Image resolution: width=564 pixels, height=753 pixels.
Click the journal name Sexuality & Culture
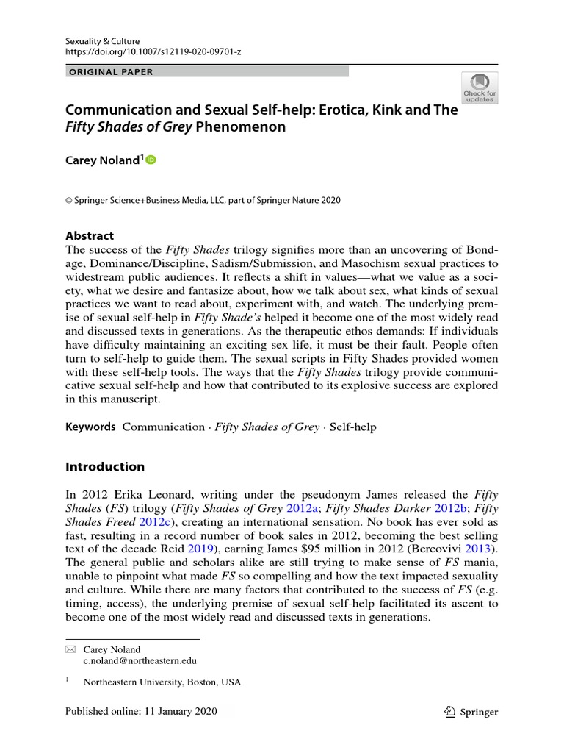[102, 41]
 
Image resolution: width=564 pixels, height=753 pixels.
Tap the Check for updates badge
[480, 87]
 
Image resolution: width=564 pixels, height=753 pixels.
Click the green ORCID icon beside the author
[151, 160]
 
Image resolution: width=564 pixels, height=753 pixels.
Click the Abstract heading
[90, 236]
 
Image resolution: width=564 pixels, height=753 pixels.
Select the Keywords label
[90, 427]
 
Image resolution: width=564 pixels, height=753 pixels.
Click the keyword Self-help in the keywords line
[352, 427]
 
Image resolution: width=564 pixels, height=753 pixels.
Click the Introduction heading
[105, 467]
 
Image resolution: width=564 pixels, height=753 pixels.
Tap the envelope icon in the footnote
[70, 649]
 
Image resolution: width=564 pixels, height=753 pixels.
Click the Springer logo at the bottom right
[471, 711]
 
